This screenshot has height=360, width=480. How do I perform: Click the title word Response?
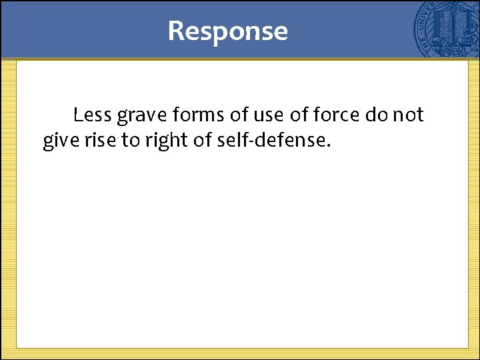[227, 31]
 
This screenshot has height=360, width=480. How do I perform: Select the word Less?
[93, 115]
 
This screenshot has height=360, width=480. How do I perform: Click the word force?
[337, 115]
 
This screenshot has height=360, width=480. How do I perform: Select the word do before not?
[375, 115]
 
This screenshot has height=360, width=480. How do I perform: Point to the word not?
[408, 115]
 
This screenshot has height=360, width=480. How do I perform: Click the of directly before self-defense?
[198, 141]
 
